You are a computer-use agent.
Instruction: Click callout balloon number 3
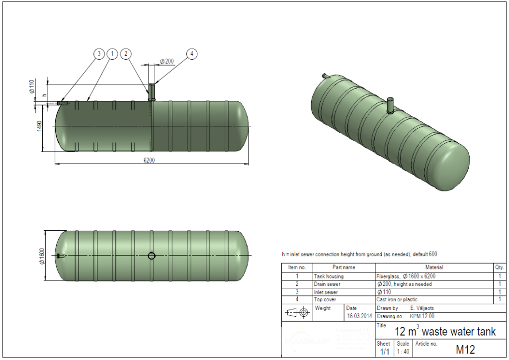[99, 53]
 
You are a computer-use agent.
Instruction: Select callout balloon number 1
[112, 53]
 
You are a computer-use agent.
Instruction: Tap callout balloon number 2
[126, 53]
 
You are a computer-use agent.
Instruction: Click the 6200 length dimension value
[150, 160]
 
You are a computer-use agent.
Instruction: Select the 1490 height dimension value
[40, 126]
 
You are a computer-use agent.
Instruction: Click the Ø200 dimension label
[167, 61]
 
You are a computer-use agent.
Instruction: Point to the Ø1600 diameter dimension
[42, 256]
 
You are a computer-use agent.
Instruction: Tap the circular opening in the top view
[152, 256]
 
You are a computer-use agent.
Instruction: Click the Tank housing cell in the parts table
[329, 276]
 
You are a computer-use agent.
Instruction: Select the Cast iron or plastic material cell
[397, 300]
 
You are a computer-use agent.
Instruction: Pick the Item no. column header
[297, 268]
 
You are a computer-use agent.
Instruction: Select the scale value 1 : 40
[403, 352]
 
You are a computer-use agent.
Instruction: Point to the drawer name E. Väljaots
[424, 308]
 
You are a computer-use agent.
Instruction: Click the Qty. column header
[499, 268]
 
